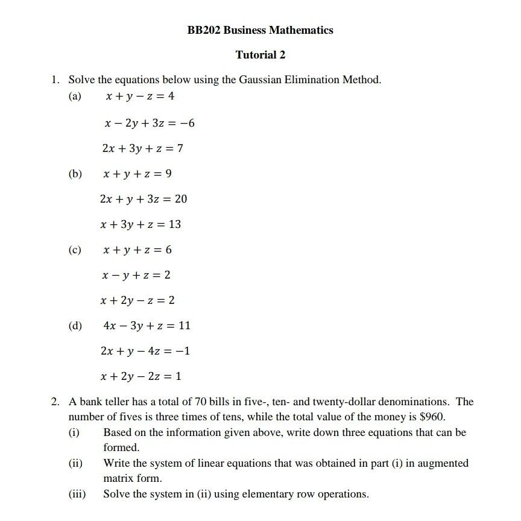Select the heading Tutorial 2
coord(260,55)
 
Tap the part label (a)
coord(75,96)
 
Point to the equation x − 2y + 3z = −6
coord(149,124)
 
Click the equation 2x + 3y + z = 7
coord(142,148)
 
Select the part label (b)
coord(75,174)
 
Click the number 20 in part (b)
coord(181,199)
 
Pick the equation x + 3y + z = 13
coord(141,224)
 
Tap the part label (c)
coord(75,250)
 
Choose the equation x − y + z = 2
coord(137,275)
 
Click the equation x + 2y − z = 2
coord(138,300)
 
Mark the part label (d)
coord(75,326)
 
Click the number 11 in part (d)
coord(185,326)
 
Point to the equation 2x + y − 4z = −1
coord(146,351)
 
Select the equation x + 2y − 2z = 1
coord(141,376)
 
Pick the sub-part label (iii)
coord(77,494)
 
